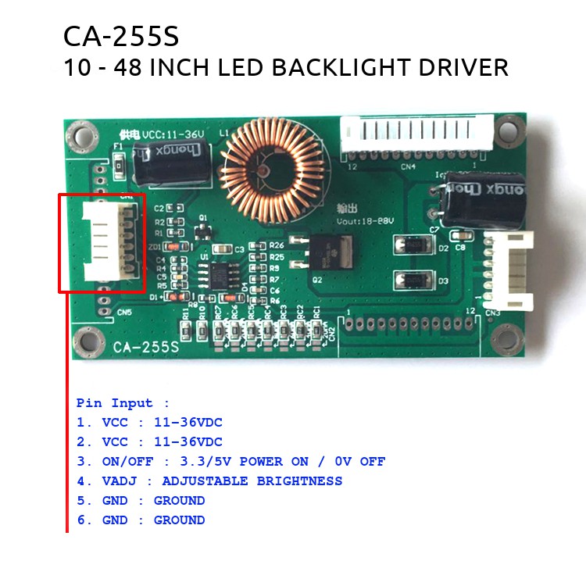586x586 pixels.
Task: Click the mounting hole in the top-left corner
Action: click(x=78, y=135)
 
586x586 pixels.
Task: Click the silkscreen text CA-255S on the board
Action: click(x=145, y=347)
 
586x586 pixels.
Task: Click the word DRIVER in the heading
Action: click(x=464, y=67)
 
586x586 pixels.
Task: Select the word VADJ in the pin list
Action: click(x=118, y=481)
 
